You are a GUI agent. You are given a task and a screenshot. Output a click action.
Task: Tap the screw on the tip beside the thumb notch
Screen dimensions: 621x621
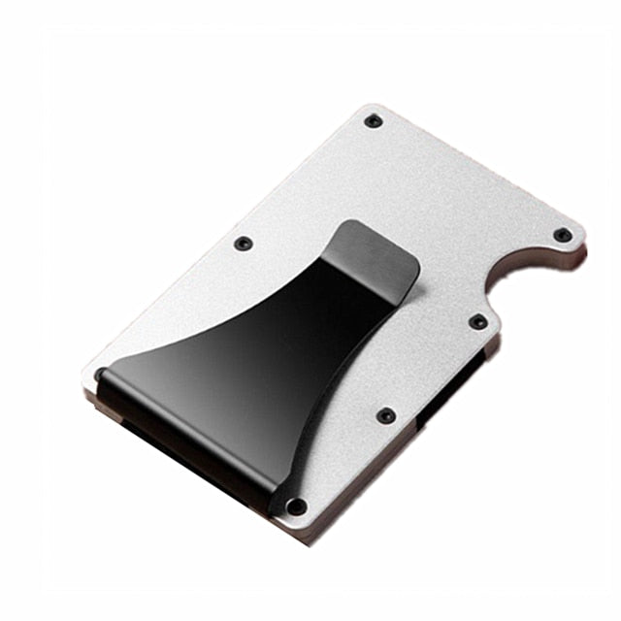click(x=562, y=235)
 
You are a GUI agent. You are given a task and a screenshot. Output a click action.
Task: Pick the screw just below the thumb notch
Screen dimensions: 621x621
click(x=477, y=321)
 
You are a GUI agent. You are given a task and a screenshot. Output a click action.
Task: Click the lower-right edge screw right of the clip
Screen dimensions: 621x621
click(x=386, y=415)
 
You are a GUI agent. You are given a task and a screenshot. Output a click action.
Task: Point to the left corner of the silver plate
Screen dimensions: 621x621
click(x=88, y=373)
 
